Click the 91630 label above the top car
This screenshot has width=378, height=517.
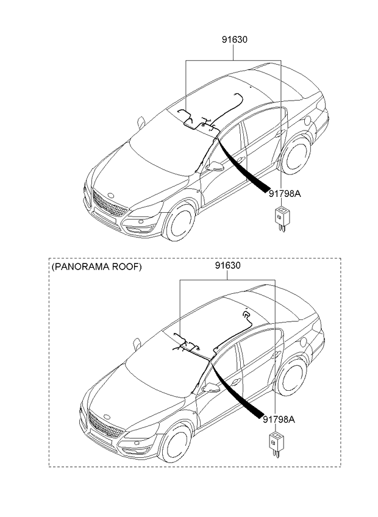[x=234, y=40]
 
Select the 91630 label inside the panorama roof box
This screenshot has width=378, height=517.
[x=228, y=265]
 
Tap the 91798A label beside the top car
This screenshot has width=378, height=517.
[x=285, y=193]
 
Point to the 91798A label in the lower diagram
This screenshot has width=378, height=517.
[x=279, y=419]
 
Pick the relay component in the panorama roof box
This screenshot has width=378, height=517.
[x=276, y=444]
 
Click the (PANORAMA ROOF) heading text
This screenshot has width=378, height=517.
[x=97, y=266]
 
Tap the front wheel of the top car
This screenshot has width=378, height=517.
[x=179, y=221]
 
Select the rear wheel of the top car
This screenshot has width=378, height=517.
[x=295, y=155]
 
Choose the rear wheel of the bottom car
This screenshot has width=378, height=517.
[x=291, y=376]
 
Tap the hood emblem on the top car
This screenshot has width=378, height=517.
[x=111, y=196]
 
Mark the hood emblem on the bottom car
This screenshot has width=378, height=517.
[x=107, y=417]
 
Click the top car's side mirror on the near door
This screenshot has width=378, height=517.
[x=215, y=166]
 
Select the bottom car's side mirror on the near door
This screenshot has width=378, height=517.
[x=211, y=388]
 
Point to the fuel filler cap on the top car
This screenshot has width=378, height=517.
[x=307, y=120]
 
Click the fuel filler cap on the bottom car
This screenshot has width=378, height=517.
[x=304, y=342]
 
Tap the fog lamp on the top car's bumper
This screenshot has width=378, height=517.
[x=141, y=229]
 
